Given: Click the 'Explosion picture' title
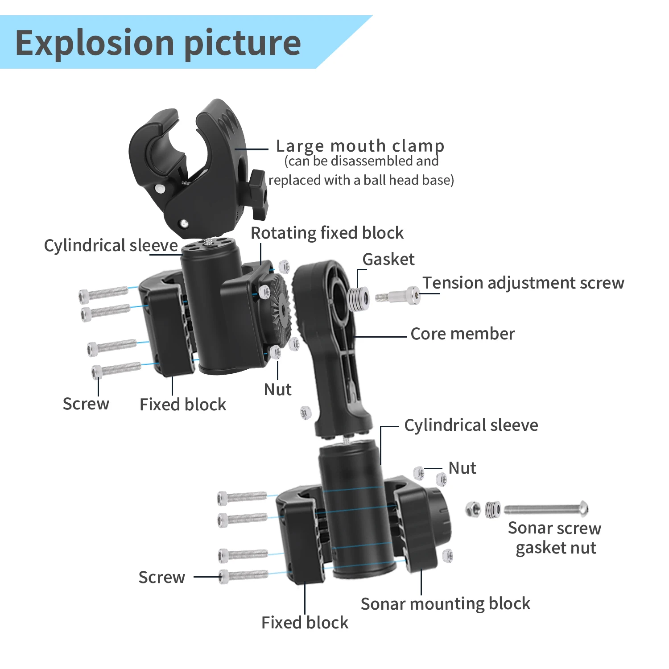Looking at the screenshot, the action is tap(158, 43).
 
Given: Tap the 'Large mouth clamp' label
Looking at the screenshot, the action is tap(360, 146).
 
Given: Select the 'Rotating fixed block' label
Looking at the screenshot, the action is tap(327, 233).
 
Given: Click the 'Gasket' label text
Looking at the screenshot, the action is tap(388, 259).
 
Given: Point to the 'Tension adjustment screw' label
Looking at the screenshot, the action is tap(524, 283).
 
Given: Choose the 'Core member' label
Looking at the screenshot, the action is tap(463, 334).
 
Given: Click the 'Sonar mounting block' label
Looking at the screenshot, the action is tap(446, 604).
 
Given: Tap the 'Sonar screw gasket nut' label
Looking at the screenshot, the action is tap(555, 538).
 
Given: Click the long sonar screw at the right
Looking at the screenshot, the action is tap(546, 508).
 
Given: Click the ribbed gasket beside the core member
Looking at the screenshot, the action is tap(358, 298).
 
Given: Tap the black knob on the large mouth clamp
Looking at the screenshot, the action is tap(258, 194).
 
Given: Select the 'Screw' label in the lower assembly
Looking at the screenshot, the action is tap(162, 577).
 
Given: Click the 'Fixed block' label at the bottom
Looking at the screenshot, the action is tap(305, 623).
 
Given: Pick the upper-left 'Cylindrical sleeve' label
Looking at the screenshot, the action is tap(111, 245).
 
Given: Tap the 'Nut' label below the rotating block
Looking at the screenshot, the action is tap(277, 389).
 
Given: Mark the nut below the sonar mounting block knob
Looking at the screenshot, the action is tap(447, 556).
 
